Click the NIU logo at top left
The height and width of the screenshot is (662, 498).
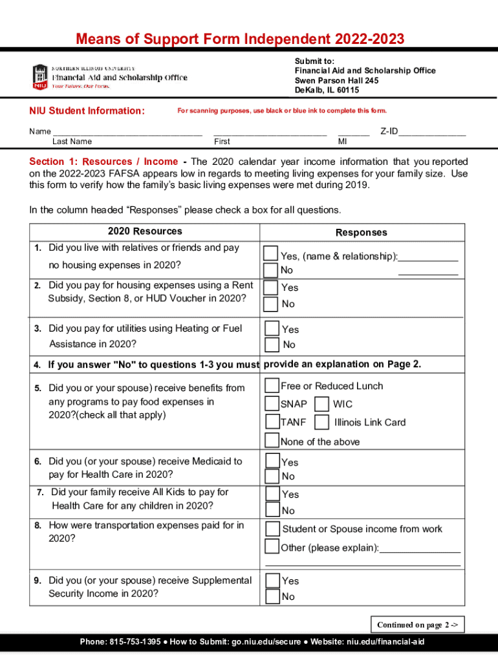tap(40, 77)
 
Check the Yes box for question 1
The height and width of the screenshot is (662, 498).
tap(271, 253)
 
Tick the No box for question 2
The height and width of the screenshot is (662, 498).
tap(271, 303)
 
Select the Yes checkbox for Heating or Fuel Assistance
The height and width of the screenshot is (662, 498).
tap(272, 328)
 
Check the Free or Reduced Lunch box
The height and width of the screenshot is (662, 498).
tap(272, 386)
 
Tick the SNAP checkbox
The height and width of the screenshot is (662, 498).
tap(272, 404)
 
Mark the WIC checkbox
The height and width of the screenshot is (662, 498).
tap(321, 404)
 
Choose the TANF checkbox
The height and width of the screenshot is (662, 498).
tap(272, 422)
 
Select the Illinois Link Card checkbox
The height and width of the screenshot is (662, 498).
tap(321, 422)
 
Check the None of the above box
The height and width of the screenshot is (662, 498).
tap(272, 441)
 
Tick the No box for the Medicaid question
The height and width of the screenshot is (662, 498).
tap(272, 476)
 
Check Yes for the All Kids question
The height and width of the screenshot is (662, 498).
tap(272, 494)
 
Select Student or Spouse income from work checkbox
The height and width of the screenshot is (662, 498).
tap(272, 529)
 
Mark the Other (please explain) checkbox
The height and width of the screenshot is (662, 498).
tap(272, 547)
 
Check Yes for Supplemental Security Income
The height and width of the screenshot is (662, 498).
tap(272, 580)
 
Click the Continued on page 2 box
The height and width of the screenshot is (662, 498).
tap(417, 625)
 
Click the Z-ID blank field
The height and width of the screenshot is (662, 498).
tap(432, 131)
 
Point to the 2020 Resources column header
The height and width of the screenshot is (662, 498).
tap(145, 231)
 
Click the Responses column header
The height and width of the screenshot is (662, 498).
tap(361, 233)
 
